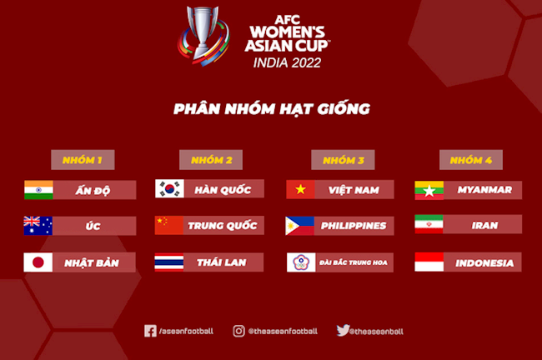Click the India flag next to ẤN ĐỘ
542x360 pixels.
38,190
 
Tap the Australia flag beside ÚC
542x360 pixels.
38,226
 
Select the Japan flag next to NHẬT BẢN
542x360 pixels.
38,262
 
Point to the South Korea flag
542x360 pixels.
169,190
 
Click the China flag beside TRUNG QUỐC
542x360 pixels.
169,226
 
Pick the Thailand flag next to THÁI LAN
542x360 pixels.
169,262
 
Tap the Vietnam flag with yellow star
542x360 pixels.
300,190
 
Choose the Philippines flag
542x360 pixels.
300,226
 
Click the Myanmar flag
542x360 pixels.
429,190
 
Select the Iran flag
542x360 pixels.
429,226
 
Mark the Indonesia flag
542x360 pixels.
429,262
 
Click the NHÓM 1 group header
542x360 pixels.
83,159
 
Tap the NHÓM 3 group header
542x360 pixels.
342,159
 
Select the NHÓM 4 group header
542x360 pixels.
470,159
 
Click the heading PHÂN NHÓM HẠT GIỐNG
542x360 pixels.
271,109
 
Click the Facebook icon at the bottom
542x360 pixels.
150,331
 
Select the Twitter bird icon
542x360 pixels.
343,331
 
